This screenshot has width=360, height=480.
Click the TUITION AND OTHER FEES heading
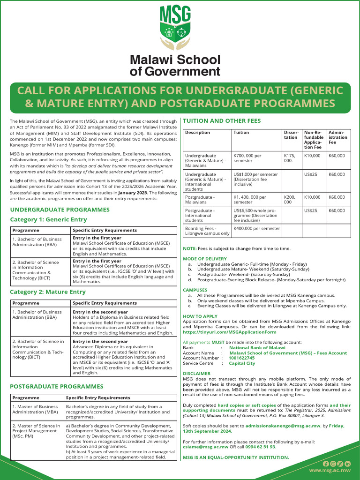(222, 121)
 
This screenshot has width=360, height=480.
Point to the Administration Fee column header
(338, 137)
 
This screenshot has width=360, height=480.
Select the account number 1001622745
(241, 358)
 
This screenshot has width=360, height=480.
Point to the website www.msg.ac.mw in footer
(330, 470)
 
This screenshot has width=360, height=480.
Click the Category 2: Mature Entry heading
(48, 292)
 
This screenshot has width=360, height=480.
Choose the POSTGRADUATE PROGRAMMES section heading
(57, 387)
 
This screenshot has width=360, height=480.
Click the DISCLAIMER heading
(196, 374)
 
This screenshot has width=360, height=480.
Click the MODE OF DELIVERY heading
(204, 259)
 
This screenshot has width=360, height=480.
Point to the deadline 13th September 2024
(207, 431)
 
